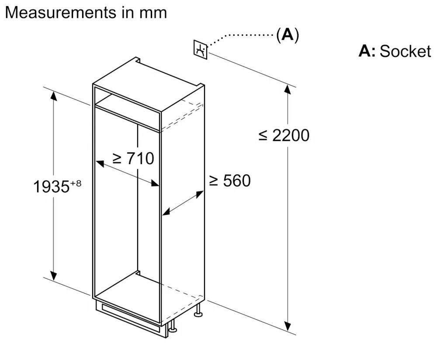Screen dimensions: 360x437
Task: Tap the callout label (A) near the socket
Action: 288,35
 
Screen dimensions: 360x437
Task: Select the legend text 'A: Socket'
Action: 395,51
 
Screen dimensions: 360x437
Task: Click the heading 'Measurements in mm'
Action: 86,12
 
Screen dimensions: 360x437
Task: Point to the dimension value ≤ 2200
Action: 284,135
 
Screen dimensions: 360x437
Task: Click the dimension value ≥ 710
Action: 133,158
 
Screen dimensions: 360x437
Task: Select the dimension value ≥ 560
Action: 229,180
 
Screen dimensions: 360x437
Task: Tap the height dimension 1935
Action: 51,187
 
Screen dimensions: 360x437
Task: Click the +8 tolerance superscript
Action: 76,183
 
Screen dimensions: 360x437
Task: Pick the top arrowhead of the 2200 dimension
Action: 287,89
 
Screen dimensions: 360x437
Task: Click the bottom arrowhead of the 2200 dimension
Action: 287,327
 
